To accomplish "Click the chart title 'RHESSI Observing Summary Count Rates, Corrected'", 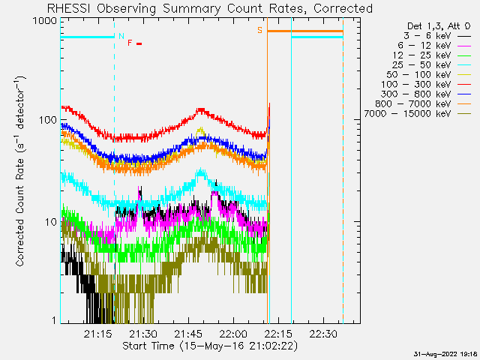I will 209,8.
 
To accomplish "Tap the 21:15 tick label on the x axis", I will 98,334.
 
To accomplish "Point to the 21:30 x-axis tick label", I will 143,334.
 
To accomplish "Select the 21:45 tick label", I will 188,334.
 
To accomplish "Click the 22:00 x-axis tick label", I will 233,334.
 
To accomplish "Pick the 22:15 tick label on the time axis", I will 278,334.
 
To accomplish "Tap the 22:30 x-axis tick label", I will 323,334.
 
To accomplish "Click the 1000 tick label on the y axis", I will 44,21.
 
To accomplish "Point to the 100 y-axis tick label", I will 47,121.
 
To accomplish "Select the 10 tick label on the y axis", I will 50,222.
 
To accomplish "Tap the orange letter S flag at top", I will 260,30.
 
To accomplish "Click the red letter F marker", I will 130,43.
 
